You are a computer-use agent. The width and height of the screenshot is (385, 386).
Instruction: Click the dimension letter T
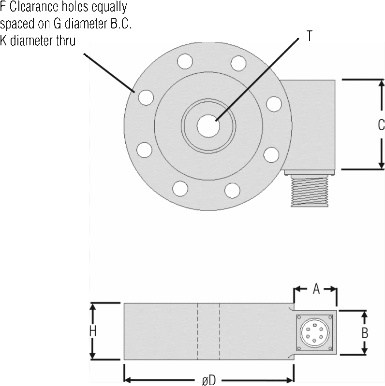pyautogui.click(x=309, y=36)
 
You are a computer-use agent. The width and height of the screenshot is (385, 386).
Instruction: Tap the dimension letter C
pyautogui.click(x=381, y=125)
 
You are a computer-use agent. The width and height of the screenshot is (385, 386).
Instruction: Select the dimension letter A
pyautogui.click(x=316, y=289)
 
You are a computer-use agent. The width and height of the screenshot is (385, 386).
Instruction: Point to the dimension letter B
pyautogui.click(x=365, y=333)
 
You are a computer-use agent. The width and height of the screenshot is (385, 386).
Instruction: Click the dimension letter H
pyautogui.click(x=93, y=331)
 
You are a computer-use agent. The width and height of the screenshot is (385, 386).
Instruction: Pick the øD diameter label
pyautogui.click(x=209, y=380)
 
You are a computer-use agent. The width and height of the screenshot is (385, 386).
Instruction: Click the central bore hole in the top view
pyautogui.click(x=208, y=126)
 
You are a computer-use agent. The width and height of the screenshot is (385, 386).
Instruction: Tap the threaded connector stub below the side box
pyautogui.click(x=310, y=191)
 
